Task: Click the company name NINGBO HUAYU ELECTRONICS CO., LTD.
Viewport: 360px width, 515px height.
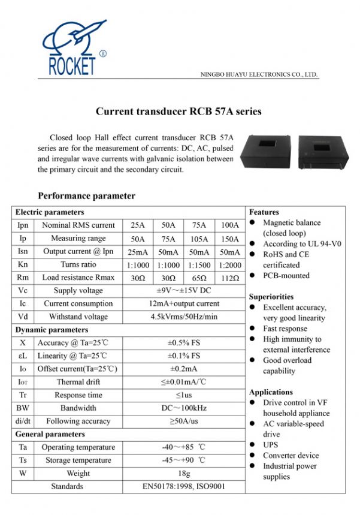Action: pyautogui.click(x=258, y=75)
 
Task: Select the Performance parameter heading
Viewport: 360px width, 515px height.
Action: pyautogui.click(x=86, y=196)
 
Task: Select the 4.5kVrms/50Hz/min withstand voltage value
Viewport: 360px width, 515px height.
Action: pyautogui.click(x=184, y=317)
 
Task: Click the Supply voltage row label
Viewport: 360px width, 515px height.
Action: pyautogui.click(x=78, y=291)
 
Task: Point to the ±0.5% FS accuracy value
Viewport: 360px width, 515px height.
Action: pyautogui.click(x=184, y=343)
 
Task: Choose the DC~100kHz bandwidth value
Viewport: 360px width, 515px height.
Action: pyautogui.click(x=184, y=408)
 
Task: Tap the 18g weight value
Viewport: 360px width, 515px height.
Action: pyautogui.click(x=184, y=474)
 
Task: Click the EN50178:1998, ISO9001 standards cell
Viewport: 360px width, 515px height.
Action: pyautogui.click(x=184, y=486)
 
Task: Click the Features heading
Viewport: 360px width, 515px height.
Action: pyautogui.click(x=264, y=212)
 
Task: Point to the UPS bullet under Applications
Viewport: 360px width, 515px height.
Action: pyautogui.click(x=271, y=445)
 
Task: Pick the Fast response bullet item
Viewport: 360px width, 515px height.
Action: pyautogui.click(x=285, y=329)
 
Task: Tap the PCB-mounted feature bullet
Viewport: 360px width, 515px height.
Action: pyautogui.click(x=286, y=276)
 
